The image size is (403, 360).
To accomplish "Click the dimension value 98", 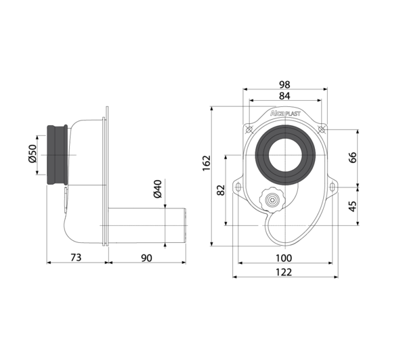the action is tap(284, 85).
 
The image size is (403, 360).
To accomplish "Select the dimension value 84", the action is tap(284, 96).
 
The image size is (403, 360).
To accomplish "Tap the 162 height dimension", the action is tap(207, 163).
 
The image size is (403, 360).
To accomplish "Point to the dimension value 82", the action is tap(221, 190).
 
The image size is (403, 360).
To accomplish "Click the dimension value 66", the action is tap(353, 157).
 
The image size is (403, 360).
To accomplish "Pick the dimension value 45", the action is tap(353, 206).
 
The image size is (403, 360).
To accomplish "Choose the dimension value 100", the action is tap(284, 258).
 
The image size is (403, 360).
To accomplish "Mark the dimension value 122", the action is tap(284, 272).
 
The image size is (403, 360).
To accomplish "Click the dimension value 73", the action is tap(76, 257).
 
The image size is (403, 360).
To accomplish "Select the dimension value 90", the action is tap(146, 258).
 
